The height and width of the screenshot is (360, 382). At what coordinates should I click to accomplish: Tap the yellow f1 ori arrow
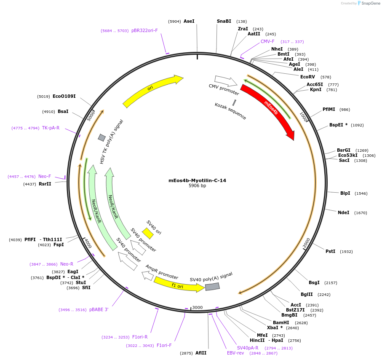179,285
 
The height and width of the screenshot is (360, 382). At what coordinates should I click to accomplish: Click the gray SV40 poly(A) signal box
212,287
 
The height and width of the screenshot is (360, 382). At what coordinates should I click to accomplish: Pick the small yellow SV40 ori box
148,233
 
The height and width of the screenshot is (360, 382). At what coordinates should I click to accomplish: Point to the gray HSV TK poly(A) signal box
102,138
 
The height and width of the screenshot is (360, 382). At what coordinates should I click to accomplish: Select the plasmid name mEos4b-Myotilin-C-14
197,180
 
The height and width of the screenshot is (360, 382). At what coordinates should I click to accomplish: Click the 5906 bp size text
197,186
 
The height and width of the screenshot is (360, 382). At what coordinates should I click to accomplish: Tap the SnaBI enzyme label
224,21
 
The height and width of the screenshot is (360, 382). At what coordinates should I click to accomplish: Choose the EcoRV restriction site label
307,77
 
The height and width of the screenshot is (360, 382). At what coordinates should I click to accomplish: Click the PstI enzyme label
330,251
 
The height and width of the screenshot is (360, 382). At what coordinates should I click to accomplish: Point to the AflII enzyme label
201,353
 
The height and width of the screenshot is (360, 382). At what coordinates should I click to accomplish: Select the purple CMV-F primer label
267,41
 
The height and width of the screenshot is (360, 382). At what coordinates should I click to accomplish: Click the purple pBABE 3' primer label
99,309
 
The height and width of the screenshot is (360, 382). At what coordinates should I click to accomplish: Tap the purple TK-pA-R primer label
51,128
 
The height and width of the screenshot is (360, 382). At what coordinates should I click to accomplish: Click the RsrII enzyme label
45,184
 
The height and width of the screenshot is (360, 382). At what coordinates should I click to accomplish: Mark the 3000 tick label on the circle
198,307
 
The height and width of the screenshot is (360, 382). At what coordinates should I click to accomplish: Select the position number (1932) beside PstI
346,252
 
